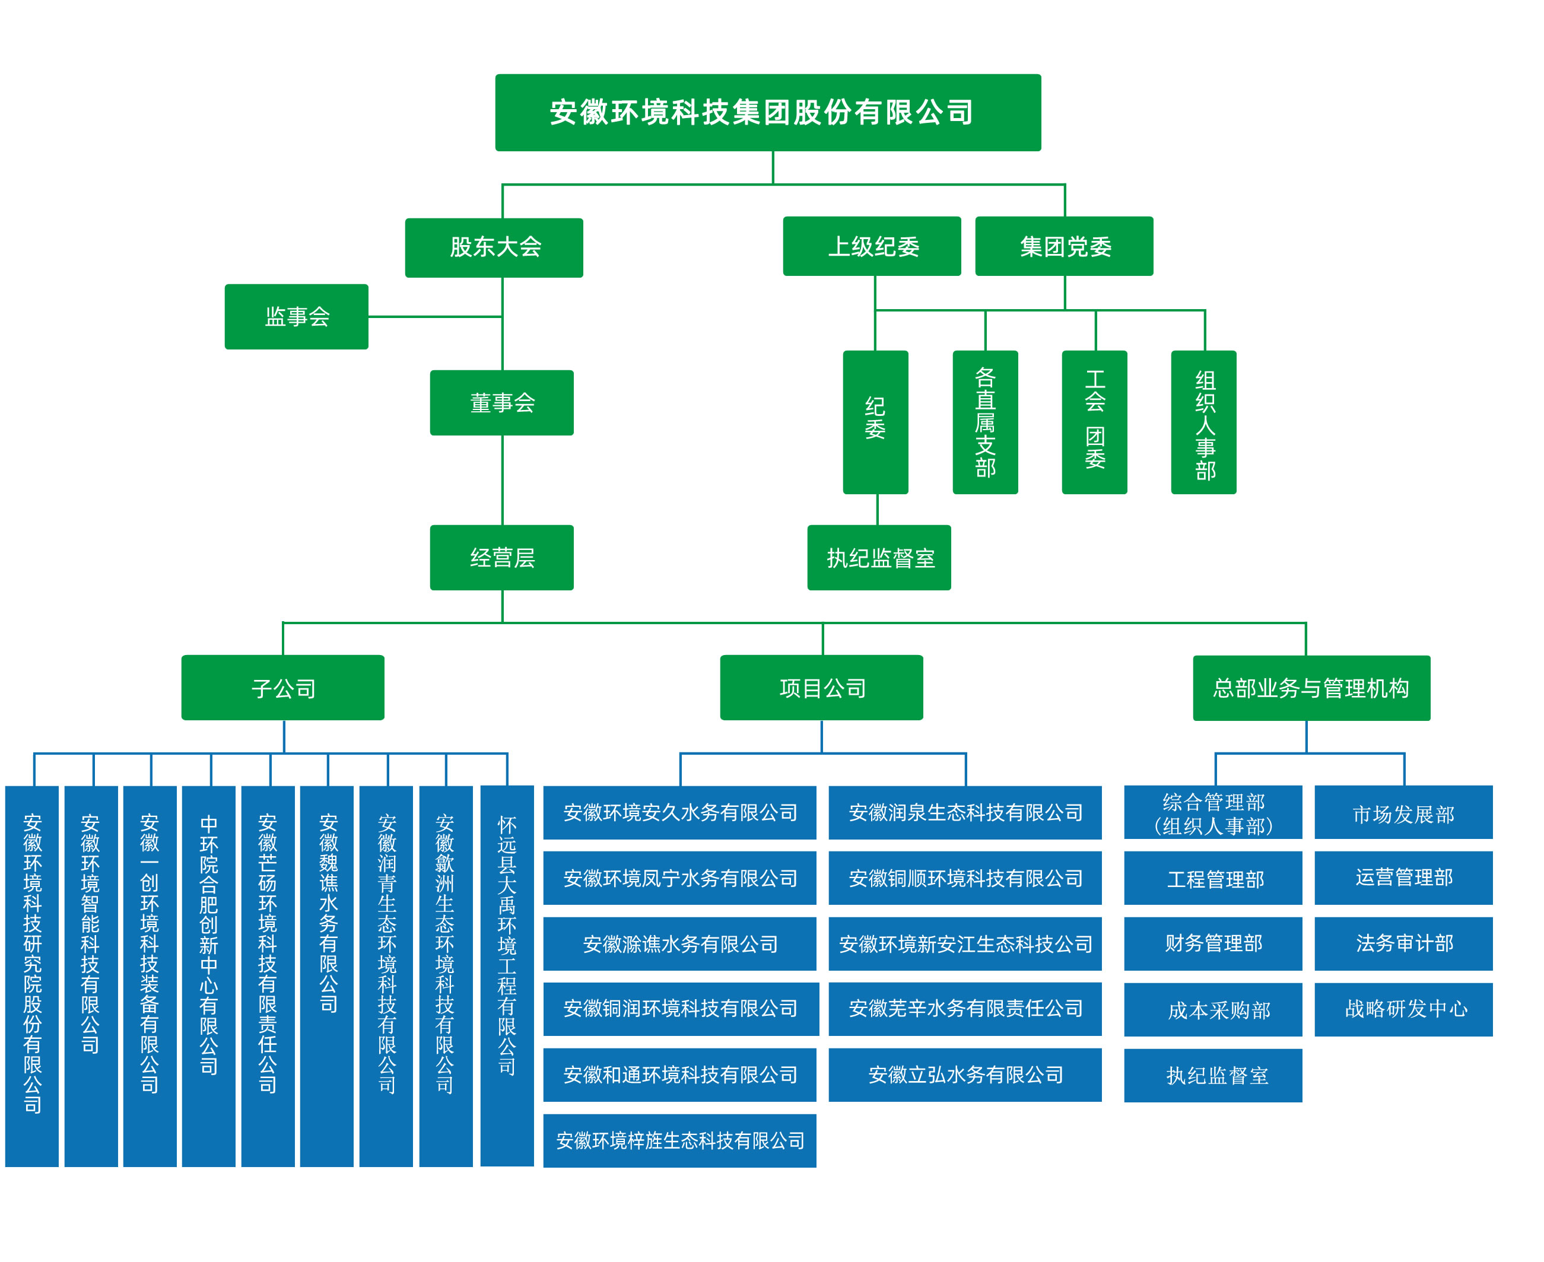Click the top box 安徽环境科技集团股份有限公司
coord(768,113)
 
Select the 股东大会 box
coord(494,247)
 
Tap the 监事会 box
coord(297,317)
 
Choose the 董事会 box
coord(501,403)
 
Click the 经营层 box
coord(501,558)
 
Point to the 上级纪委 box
coord(872,246)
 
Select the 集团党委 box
coord(1063,246)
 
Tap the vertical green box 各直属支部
coord(985,422)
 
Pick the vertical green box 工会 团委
coord(1094,422)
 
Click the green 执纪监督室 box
coord(879,558)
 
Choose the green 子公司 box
coord(283,688)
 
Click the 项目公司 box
coord(821,688)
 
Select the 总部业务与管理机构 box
coord(1311,688)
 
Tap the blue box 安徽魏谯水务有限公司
coord(327,976)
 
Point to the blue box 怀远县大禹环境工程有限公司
coord(507,976)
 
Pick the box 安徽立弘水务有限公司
coord(965,1075)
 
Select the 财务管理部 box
coord(1212,943)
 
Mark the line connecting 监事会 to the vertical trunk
coord(435,317)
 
